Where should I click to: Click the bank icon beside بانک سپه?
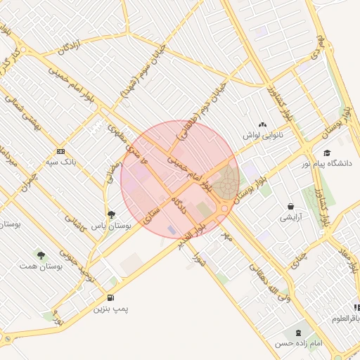61,151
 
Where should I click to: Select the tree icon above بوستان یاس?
112,214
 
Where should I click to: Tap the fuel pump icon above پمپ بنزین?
110,297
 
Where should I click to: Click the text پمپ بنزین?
111,309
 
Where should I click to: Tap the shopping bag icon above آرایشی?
290,207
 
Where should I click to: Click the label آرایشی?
290,218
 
